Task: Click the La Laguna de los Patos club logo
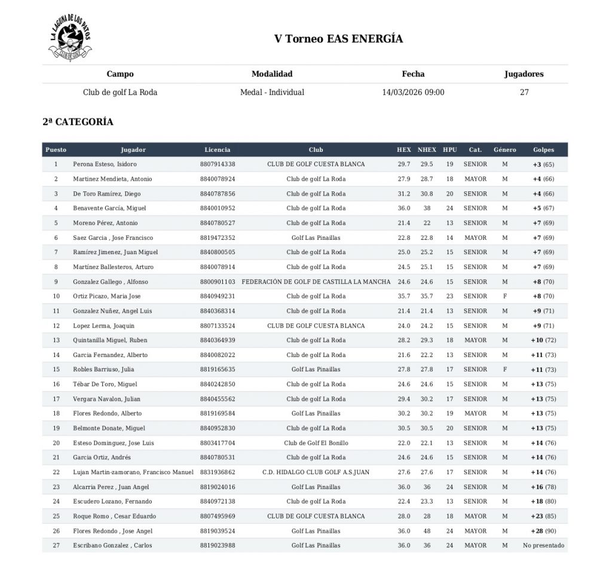[x=70, y=39]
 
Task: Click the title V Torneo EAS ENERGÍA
[x=338, y=39]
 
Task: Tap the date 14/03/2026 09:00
[x=413, y=93]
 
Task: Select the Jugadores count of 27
[x=524, y=93]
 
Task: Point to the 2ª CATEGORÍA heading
[x=78, y=122]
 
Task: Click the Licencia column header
[x=217, y=150]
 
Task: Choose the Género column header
[x=504, y=150]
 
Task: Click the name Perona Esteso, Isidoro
[x=105, y=164]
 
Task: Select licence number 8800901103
[x=218, y=282]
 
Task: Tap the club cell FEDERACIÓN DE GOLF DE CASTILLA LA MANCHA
[x=316, y=282]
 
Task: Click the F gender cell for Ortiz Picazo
[x=504, y=297]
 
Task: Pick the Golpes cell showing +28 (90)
[x=543, y=531]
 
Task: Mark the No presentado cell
[x=543, y=545]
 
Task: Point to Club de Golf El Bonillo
[x=316, y=443]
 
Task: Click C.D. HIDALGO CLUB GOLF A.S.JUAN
[x=316, y=472]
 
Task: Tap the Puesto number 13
[x=56, y=340]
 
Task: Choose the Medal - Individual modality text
[x=272, y=93]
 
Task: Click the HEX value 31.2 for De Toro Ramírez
[x=404, y=194]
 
